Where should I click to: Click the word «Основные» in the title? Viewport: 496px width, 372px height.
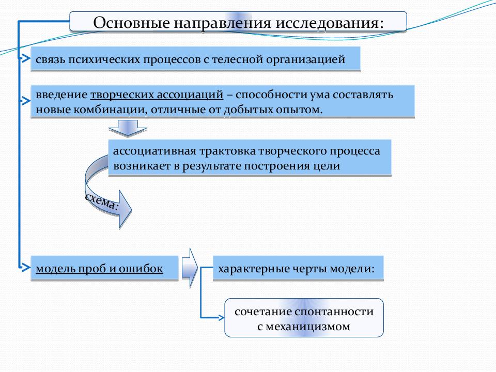131,23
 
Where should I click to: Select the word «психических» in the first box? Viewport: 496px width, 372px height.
103,59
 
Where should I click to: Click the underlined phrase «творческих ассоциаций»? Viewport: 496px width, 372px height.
157,95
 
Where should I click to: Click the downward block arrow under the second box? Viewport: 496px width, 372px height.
128,128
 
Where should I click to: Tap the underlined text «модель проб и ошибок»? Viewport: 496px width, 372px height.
99,269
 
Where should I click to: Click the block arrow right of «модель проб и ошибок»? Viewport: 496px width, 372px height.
190,268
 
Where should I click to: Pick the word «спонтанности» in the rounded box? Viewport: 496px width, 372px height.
334,312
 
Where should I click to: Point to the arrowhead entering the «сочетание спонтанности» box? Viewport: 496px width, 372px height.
222,317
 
